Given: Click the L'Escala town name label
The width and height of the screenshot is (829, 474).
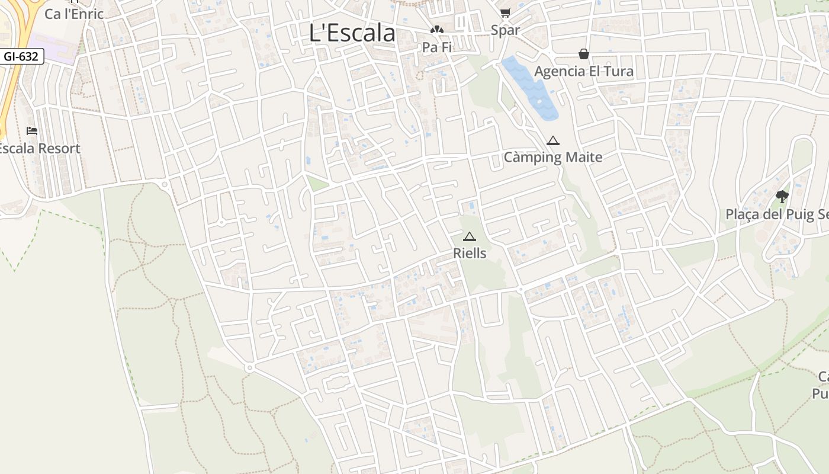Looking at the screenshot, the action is click(x=352, y=33).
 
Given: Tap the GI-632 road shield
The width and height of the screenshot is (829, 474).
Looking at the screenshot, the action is click(x=21, y=57).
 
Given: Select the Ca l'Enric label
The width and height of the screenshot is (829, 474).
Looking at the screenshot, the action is click(x=74, y=14).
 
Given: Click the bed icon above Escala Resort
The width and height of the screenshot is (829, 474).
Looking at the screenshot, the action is click(x=32, y=130).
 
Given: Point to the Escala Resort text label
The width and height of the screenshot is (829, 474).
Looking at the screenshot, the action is click(x=39, y=148).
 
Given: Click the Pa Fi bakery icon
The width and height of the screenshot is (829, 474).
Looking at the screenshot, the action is click(x=436, y=30).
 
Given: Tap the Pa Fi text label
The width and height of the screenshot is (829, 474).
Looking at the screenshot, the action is click(x=436, y=47).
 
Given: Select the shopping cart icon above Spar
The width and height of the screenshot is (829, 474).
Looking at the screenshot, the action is click(x=505, y=12).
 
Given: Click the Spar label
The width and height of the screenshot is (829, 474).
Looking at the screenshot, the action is click(x=505, y=30).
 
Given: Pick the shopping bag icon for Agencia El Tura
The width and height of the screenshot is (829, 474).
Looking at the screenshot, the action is click(x=584, y=55).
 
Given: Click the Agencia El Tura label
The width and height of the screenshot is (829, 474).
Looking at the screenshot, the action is click(x=584, y=72).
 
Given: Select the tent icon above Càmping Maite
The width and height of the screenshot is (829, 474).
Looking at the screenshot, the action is click(x=552, y=140).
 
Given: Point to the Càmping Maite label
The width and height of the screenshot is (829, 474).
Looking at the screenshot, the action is click(x=552, y=157).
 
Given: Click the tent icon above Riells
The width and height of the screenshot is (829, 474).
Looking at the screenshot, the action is click(x=470, y=236).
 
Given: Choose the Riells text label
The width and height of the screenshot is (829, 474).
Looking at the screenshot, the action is click(x=470, y=254).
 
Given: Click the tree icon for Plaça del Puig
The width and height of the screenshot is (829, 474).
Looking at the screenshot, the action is click(x=782, y=196).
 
